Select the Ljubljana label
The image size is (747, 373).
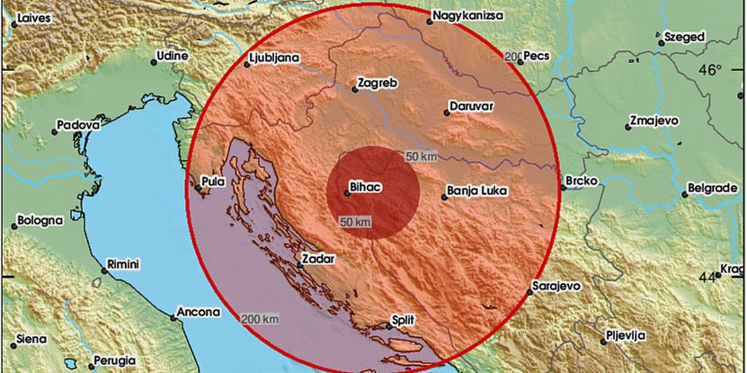[272, 61]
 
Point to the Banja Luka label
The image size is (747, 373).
[476, 191]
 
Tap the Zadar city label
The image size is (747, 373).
[320, 259]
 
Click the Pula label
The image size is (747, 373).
[213, 182]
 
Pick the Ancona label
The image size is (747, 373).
[199, 312]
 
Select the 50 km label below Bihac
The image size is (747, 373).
[355, 220]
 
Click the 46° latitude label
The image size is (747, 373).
[710, 70]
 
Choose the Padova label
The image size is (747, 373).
[78, 126]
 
